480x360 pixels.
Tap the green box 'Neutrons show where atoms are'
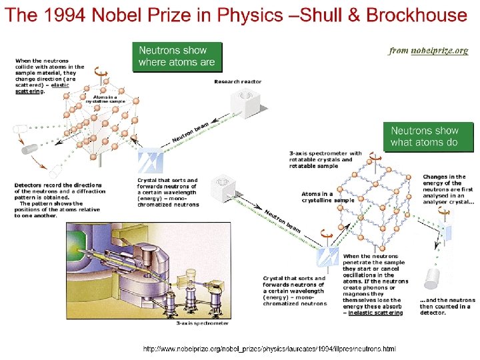coord(177,56)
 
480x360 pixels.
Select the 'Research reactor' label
coord(238,81)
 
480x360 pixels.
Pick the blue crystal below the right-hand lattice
coord(327,257)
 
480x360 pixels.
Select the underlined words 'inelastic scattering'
coord(375,312)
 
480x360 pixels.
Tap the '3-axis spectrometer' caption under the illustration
coord(203,323)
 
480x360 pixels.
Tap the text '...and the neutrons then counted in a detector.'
coord(447,305)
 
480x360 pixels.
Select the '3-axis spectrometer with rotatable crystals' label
coord(325,157)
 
